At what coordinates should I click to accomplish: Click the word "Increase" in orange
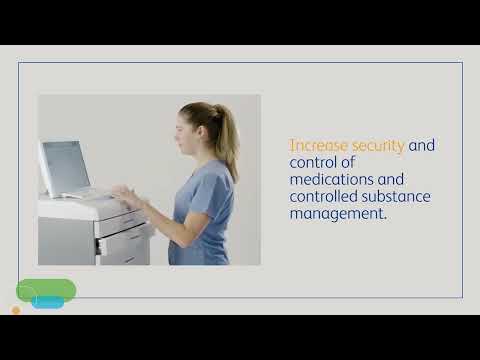pyautogui.click(x=316, y=146)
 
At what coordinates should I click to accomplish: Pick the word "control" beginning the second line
pyautogui.click(x=313, y=163)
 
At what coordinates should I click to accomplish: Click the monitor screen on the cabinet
pyautogui.click(x=63, y=166)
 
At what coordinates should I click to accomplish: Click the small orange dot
pyautogui.click(x=16, y=310)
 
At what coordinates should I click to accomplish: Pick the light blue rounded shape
pyautogui.click(x=48, y=302)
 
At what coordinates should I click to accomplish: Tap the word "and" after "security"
pyautogui.click(x=422, y=146)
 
